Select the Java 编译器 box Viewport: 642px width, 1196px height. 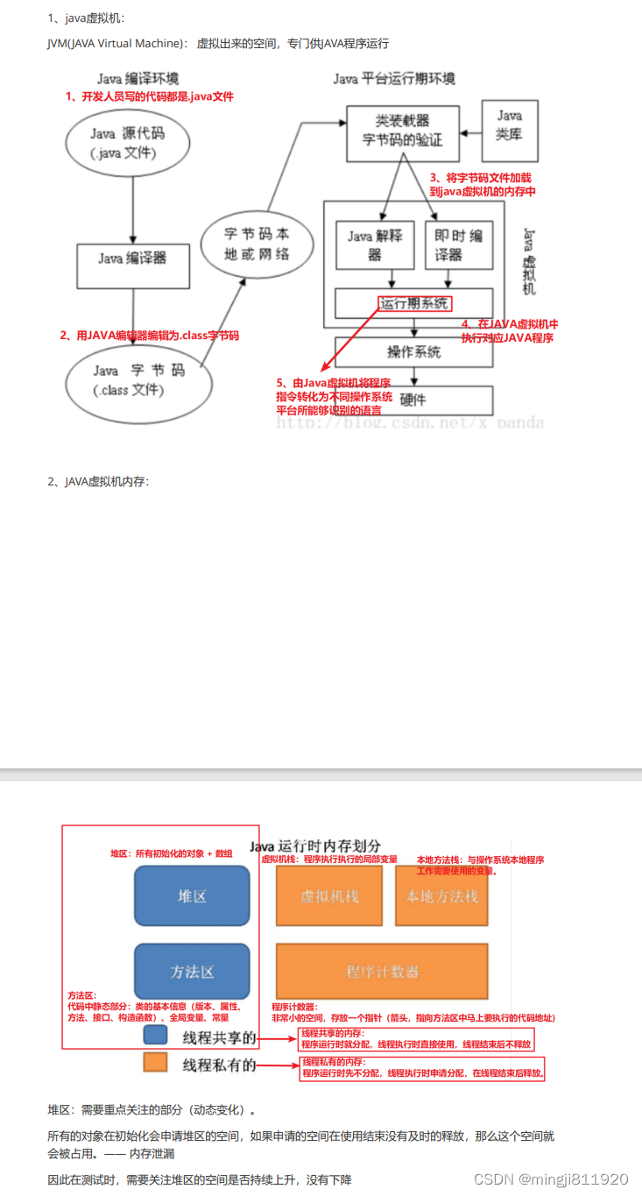pyautogui.click(x=132, y=258)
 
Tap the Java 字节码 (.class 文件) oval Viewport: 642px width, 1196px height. pyautogui.click(x=138, y=379)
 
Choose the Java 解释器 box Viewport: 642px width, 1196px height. pyautogui.click(x=375, y=244)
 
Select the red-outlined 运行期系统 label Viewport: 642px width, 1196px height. pyautogui.click(x=415, y=304)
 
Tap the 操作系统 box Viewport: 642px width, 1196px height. pyautogui.click(x=413, y=351)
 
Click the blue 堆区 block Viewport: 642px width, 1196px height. pyautogui.click(x=192, y=896)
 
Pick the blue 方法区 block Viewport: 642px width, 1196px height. pyautogui.click(x=192, y=972)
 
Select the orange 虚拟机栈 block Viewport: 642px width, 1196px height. pyautogui.click(x=329, y=896)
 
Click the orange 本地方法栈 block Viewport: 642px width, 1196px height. pyautogui.click(x=441, y=896)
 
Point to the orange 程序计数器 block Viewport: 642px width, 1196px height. pyautogui.click(x=381, y=972)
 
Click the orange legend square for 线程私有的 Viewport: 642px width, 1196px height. pyautogui.click(x=155, y=1064)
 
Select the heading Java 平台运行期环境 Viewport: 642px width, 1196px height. pyautogui.click(x=394, y=79)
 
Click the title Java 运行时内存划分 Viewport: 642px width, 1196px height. pyautogui.click(x=315, y=846)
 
